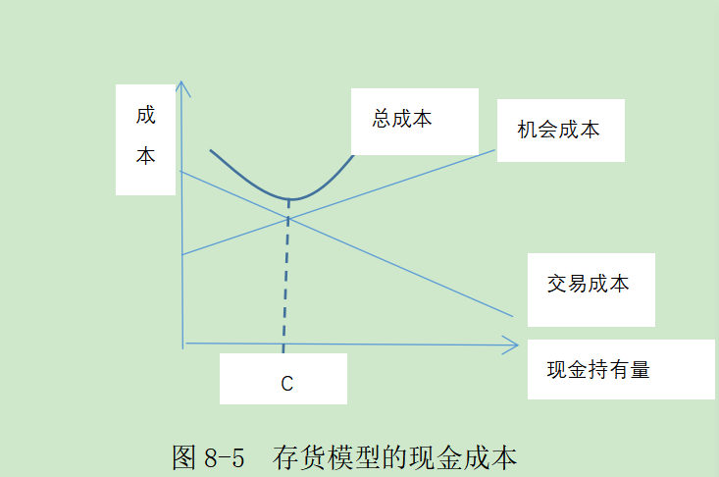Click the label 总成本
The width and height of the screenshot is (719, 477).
point(402,120)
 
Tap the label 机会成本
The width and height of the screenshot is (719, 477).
point(558,130)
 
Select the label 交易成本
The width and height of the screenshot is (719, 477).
point(588,285)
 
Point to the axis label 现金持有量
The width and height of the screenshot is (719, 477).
point(598,370)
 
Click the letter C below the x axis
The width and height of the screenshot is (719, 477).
point(286,384)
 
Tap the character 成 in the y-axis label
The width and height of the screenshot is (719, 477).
point(145,116)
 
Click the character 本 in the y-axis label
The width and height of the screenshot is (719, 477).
point(145,156)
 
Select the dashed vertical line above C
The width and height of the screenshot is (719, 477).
point(285,285)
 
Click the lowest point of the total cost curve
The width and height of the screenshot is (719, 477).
point(289,200)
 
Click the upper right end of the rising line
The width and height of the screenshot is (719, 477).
point(495,149)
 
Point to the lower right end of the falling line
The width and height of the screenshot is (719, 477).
point(513,316)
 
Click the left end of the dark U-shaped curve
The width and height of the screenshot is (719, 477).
point(210,151)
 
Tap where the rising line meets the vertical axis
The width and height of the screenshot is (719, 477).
point(182,254)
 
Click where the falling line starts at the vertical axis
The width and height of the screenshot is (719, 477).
point(181,172)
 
